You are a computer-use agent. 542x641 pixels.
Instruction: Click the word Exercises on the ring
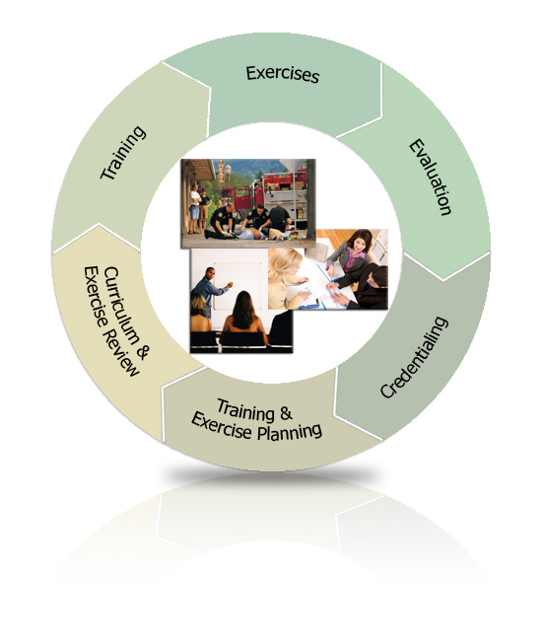283,74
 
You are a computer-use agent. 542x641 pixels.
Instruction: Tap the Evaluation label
431,177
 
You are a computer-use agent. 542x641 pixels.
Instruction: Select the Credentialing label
415,357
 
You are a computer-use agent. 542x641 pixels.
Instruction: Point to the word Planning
290,432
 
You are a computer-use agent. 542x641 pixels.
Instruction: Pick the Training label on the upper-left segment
123,153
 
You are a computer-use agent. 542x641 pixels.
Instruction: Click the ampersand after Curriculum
142,352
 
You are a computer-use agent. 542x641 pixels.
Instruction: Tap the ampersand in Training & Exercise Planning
287,413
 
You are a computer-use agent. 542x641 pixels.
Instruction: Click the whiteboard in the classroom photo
238,286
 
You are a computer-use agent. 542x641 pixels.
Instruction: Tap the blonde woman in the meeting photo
285,278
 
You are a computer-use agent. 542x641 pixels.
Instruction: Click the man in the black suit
365,288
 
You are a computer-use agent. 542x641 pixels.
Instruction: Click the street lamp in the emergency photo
228,179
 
